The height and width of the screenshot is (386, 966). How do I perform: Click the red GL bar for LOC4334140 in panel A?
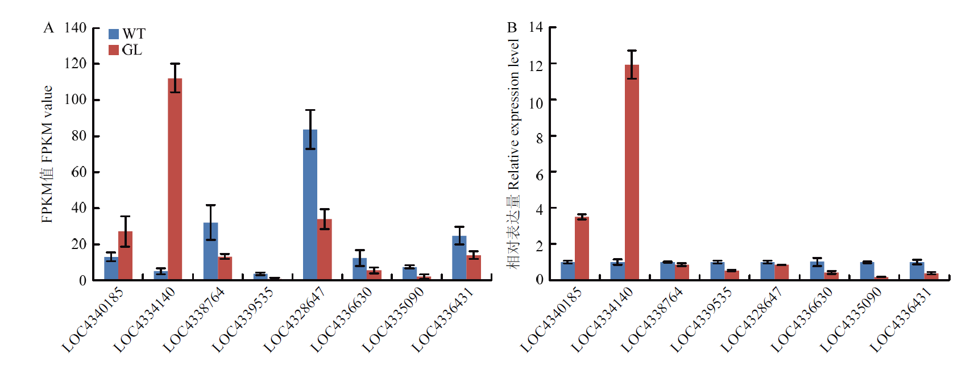175,179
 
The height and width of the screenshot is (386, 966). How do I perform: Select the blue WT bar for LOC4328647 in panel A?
310,205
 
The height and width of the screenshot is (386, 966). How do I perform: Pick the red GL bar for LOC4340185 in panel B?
582,248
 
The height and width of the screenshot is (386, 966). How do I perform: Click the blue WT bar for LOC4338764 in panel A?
210,251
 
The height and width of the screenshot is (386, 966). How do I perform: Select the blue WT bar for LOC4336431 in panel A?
459,258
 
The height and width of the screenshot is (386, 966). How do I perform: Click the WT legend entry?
127,34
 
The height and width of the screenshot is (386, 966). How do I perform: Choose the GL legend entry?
126,50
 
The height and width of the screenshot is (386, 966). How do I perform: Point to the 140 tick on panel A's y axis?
75,28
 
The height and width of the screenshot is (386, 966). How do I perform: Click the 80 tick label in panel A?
78,136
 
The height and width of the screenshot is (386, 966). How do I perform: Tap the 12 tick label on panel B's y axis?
536,65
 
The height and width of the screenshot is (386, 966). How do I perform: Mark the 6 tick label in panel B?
539,175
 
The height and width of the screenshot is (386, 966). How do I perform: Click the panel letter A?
48,28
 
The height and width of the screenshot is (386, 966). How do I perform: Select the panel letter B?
512,27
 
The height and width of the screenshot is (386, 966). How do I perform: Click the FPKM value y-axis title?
47,154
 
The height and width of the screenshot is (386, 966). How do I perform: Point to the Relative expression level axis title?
513,153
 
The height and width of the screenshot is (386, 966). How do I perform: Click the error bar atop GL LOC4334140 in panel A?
175,78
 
